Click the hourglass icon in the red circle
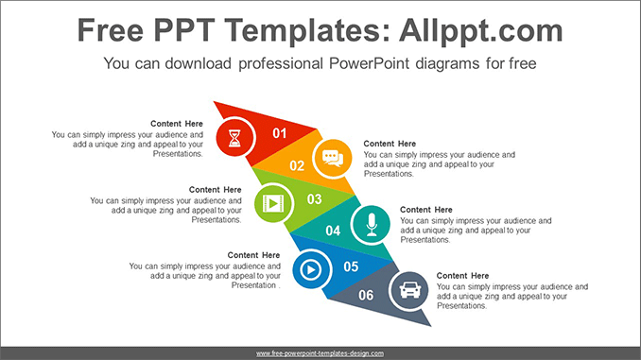point(234,138)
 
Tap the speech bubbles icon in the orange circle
point(333,159)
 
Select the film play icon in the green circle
point(273,203)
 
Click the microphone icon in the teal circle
point(372,225)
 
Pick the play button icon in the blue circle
point(311,269)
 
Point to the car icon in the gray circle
point(410,290)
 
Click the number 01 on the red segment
point(280,133)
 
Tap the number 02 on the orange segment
point(297,166)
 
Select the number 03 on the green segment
point(315,199)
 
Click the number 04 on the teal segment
point(333,231)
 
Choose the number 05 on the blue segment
point(351,266)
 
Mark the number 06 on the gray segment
point(366,295)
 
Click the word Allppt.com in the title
point(481,31)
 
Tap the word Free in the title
point(111,30)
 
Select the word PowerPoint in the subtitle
point(366,63)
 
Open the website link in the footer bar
point(320,353)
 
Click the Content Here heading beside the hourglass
point(177,124)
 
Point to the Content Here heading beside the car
point(462,276)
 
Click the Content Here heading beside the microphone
point(426,210)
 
